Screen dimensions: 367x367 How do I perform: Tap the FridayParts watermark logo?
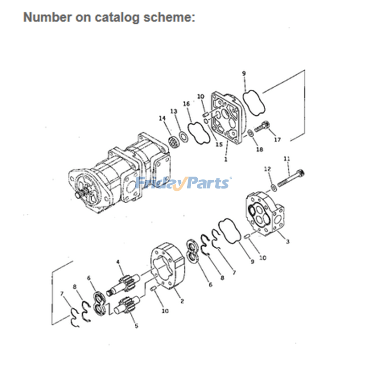tap(183, 183)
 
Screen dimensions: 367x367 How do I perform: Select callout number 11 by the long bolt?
tap(287, 159)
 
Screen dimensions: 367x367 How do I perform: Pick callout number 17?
tap(277, 140)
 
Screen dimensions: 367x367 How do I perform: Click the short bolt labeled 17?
tap(263, 126)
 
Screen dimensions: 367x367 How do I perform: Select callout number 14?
tap(162, 119)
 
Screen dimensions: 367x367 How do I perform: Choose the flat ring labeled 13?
tap(182, 135)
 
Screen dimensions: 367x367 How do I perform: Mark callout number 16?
tap(187, 104)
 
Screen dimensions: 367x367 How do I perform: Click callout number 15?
tap(219, 145)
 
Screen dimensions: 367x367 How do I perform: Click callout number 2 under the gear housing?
tap(182, 301)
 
